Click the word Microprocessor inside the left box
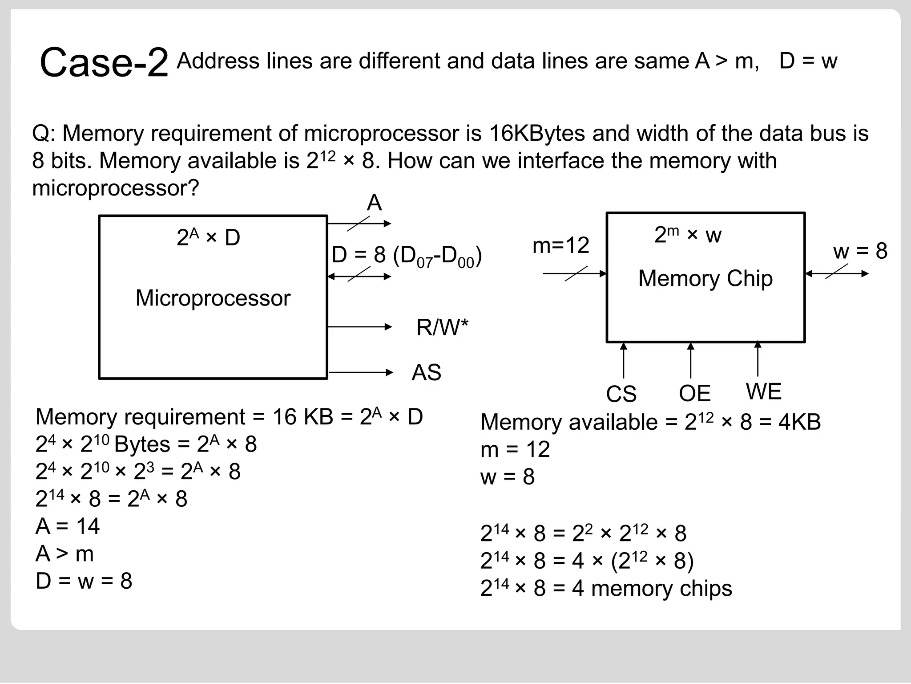[x=213, y=298]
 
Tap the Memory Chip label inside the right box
[x=705, y=278]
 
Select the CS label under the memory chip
[x=621, y=394]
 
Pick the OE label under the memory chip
[x=694, y=393]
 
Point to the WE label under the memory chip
[x=763, y=391]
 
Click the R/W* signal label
[x=442, y=328]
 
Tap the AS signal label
[x=426, y=372]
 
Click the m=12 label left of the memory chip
[x=560, y=245]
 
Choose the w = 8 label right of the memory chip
[x=860, y=251]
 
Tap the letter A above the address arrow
[x=374, y=203]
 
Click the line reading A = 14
[x=68, y=526]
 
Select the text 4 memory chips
[x=652, y=588]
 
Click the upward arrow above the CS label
[x=624, y=360]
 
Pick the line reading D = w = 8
[x=84, y=581]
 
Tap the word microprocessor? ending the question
[x=116, y=188]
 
